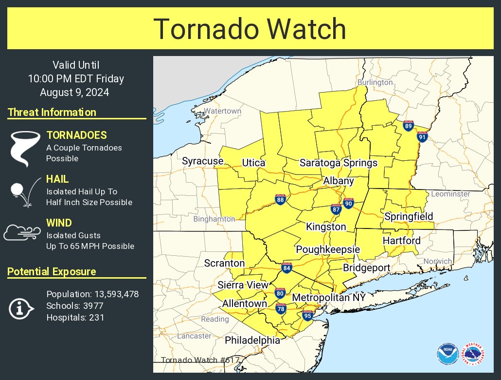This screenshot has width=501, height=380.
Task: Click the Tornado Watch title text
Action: [250, 29]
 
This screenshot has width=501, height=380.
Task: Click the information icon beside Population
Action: [20, 308]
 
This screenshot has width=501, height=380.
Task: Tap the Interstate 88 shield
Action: [280, 200]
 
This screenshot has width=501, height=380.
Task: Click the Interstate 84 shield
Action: [286, 268]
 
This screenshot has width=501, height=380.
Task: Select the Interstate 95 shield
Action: [307, 316]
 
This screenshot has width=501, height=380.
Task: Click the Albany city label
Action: [339, 181]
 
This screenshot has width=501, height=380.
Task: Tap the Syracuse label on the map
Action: [202, 161]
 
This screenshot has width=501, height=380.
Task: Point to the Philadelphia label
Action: [252, 340]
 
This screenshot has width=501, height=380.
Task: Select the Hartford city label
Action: [401, 241]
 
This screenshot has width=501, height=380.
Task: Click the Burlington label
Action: [375, 82]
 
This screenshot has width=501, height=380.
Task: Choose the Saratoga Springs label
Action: [339, 163]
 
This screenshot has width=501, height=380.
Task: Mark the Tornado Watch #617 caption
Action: [194, 360]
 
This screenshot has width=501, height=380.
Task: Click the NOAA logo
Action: [447, 354]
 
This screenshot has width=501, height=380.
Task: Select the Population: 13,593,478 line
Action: [92, 294]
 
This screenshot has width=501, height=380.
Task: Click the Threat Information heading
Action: [52, 112]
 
